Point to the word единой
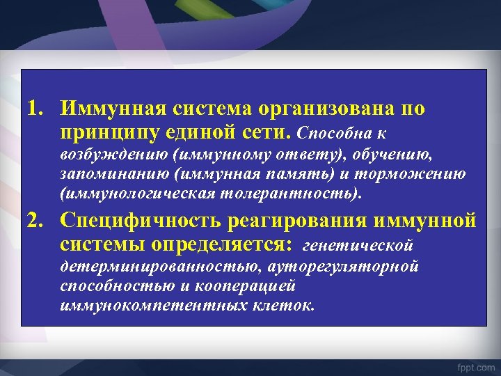tap(197, 132)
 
